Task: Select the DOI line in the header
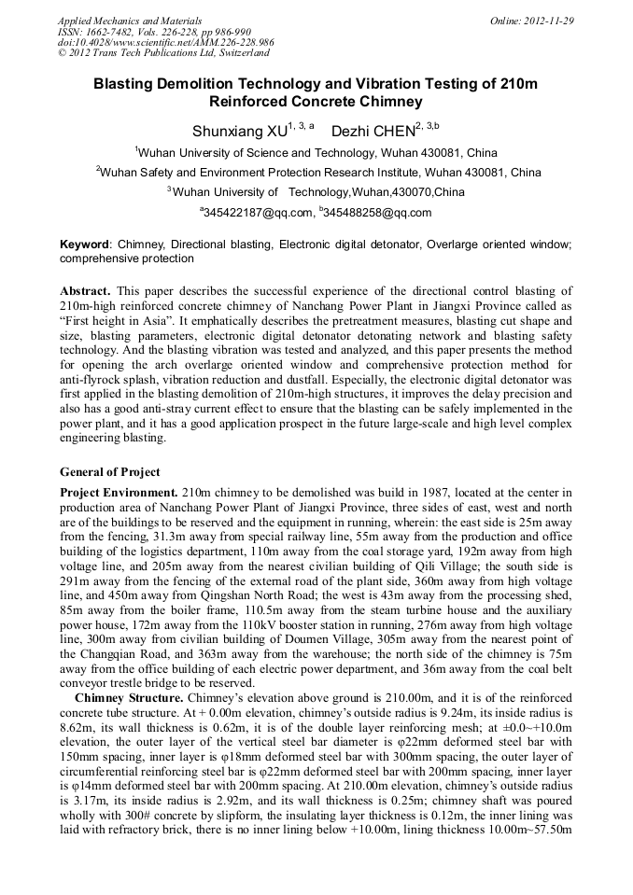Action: [x=165, y=43]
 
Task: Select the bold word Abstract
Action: [x=85, y=291]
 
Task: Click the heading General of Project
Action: [x=110, y=471]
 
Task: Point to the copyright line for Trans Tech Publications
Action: [x=164, y=54]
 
